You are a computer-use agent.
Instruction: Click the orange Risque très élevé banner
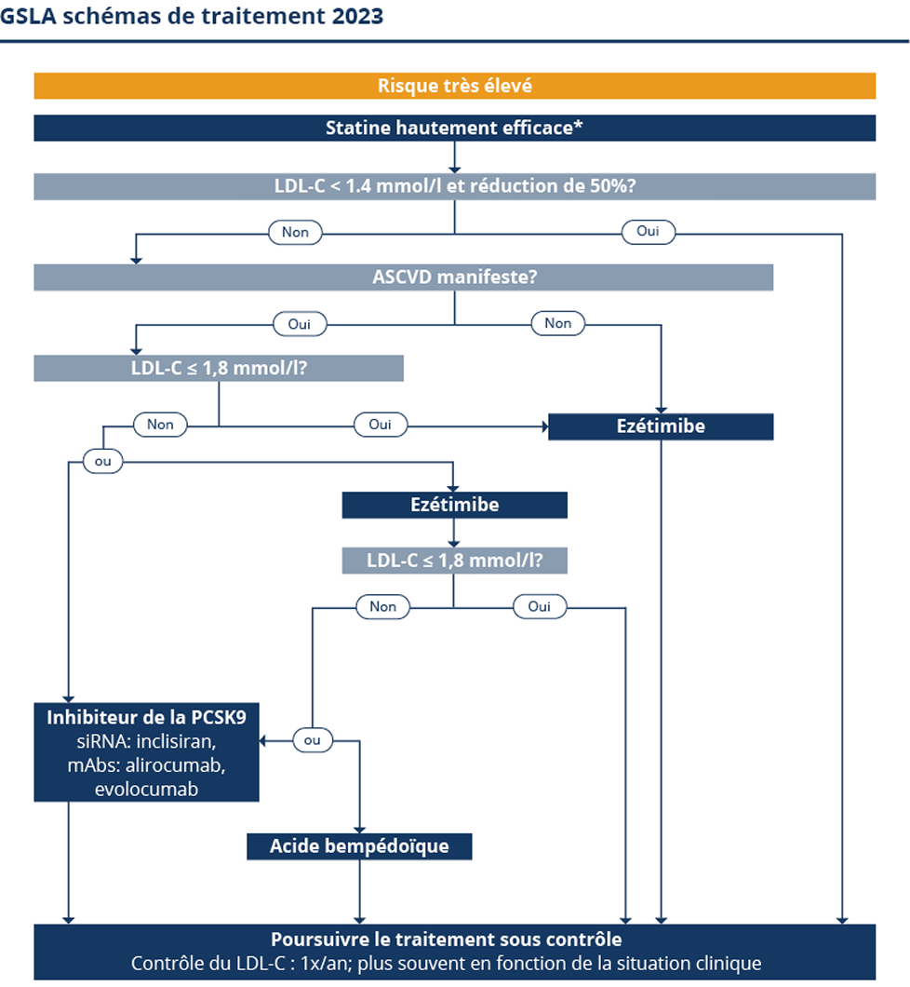click(454, 86)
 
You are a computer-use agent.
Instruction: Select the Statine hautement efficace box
click(454, 128)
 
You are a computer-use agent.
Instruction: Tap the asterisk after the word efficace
click(579, 126)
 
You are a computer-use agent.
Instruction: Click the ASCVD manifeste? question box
click(403, 277)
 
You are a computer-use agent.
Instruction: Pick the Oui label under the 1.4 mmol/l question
click(649, 232)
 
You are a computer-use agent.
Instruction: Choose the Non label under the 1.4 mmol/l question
click(295, 232)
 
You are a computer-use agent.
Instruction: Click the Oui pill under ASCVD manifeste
click(300, 324)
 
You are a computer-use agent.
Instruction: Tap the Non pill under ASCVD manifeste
click(557, 323)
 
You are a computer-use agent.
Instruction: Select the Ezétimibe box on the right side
click(661, 426)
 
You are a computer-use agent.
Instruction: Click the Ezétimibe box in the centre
click(454, 505)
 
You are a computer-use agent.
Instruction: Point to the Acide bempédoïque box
click(359, 846)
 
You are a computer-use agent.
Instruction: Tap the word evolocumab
click(146, 789)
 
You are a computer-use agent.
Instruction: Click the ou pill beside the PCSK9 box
click(312, 740)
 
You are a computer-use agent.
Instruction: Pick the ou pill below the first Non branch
click(102, 461)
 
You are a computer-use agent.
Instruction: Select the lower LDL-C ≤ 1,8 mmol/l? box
click(454, 561)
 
